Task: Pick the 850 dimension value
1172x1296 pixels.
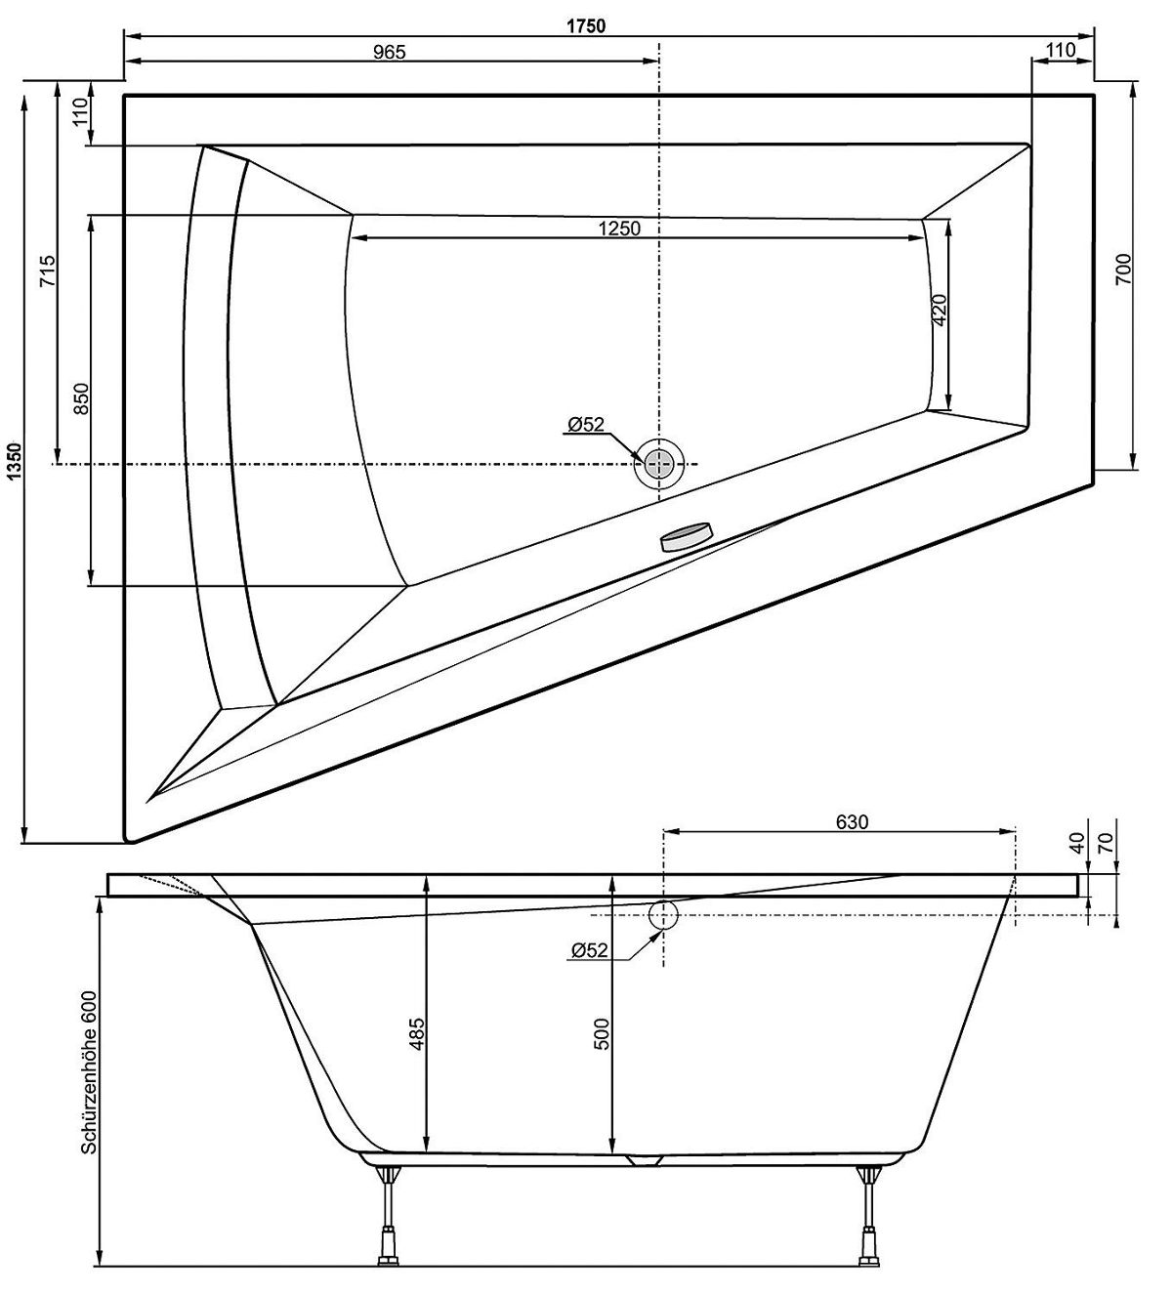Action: click(x=82, y=398)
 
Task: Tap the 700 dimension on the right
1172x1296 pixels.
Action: click(x=1123, y=268)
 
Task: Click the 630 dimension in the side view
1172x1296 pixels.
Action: click(x=851, y=821)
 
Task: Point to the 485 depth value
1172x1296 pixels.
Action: click(x=414, y=1035)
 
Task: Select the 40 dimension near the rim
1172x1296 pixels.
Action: click(x=1078, y=842)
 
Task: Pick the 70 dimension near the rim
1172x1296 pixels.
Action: click(x=1107, y=842)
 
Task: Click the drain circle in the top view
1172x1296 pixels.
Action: click(x=660, y=463)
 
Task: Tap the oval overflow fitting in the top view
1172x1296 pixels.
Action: click(x=688, y=537)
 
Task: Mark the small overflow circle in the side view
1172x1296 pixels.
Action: click(x=663, y=914)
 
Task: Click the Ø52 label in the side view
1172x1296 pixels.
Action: click(x=589, y=949)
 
